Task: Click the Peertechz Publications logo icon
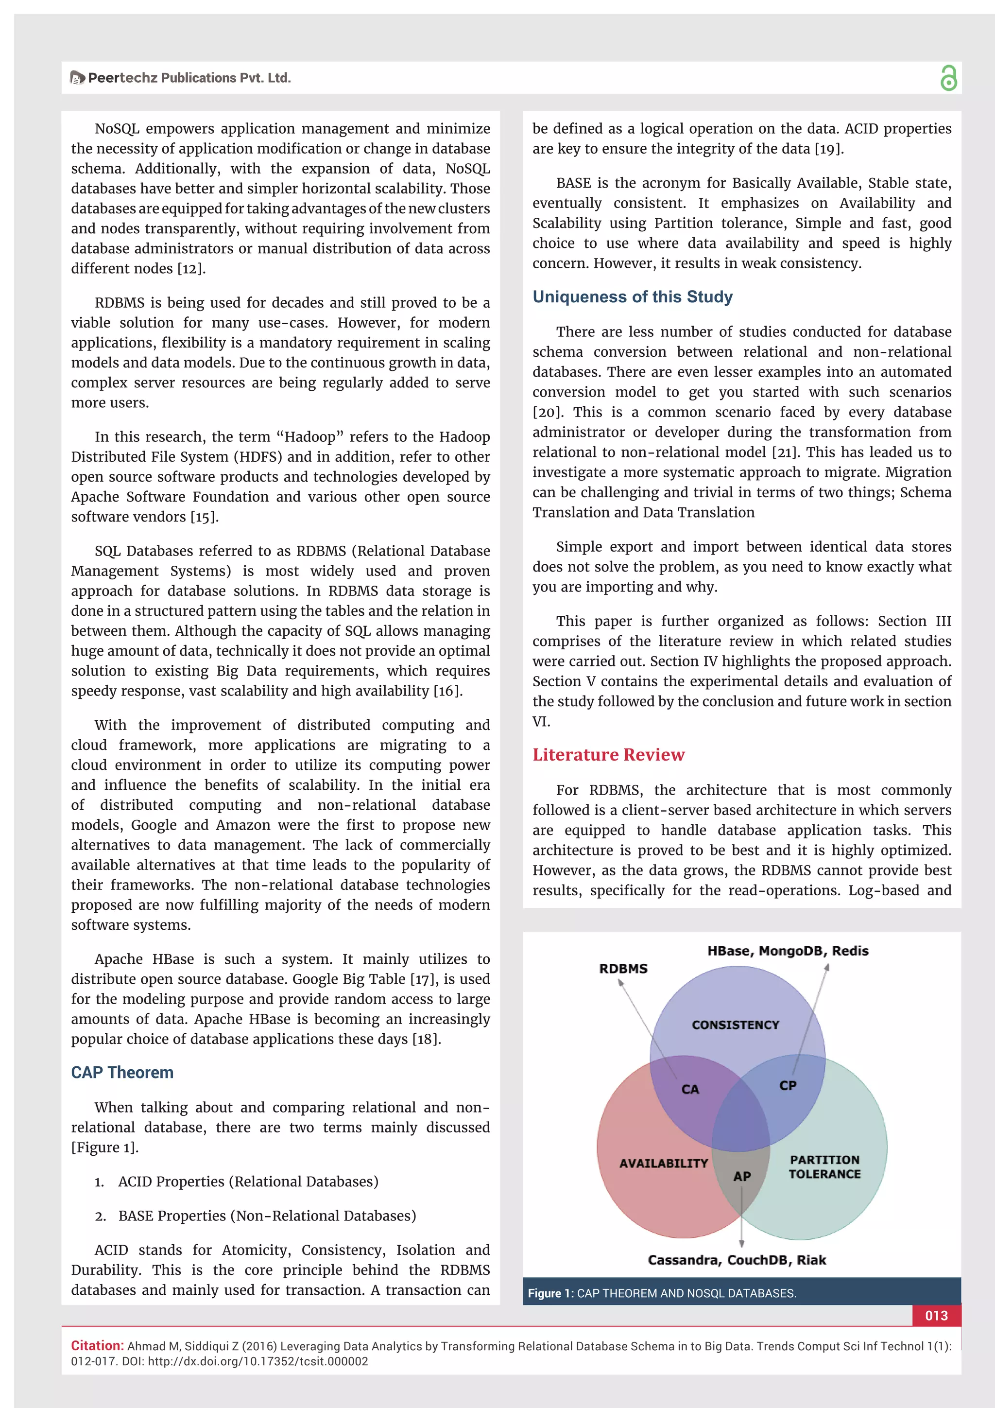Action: [77, 78]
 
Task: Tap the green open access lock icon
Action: [948, 78]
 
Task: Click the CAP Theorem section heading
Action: [122, 1073]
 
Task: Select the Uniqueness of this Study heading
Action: [632, 297]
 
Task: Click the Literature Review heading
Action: [608, 755]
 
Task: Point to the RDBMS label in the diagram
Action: [623, 969]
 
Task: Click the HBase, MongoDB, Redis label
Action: [787, 951]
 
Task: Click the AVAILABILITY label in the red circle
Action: [663, 1164]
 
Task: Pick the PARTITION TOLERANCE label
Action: [824, 1167]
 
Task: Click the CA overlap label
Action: [690, 1090]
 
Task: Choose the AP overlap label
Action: [742, 1177]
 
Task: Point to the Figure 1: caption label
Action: [550, 1293]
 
